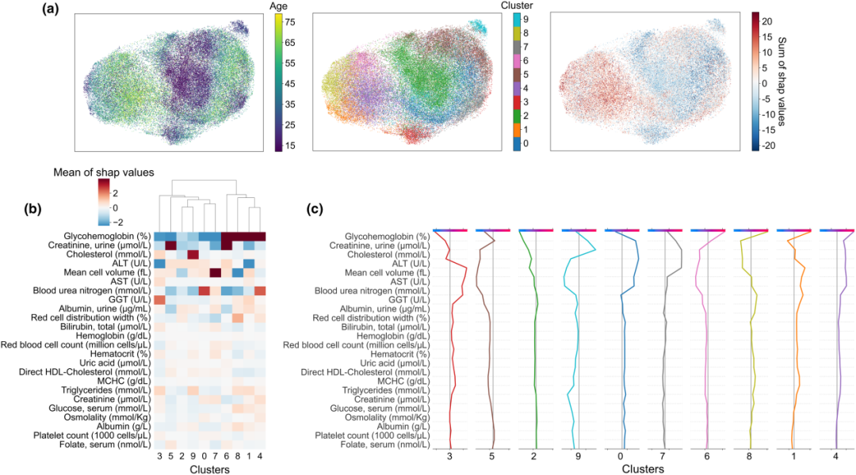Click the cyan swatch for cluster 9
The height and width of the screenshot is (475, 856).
[x=517, y=19]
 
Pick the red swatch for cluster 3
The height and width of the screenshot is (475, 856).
[x=517, y=103]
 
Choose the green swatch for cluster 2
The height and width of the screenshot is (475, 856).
[x=517, y=116]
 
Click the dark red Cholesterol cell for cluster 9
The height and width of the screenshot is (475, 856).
[x=193, y=255]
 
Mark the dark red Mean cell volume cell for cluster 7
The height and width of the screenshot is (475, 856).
[x=215, y=273]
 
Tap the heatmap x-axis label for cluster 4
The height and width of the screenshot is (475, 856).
[x=259, y=456]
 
